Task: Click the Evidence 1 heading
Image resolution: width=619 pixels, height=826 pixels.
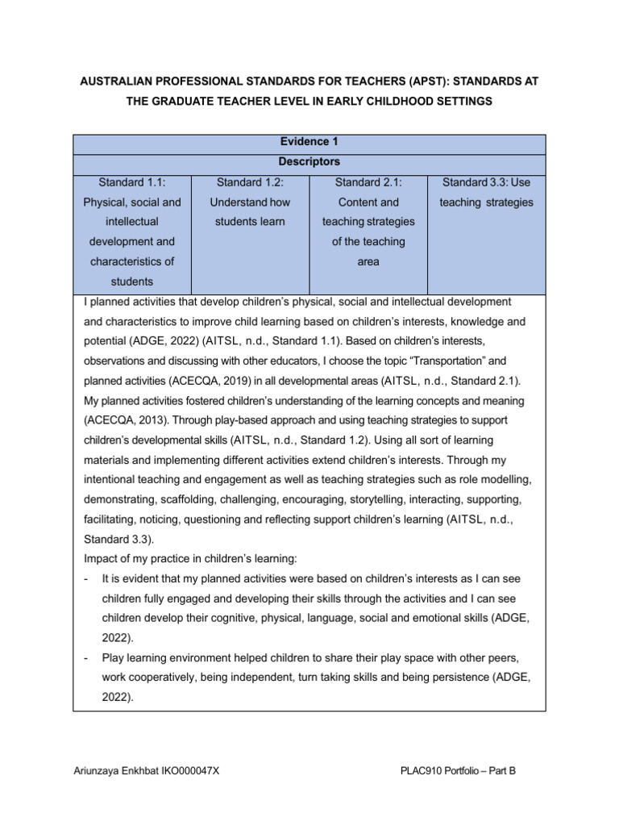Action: coord(309,141)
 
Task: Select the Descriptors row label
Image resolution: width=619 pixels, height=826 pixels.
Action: coord(309,161)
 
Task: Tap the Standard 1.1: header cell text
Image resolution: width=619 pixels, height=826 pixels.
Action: coord(132,182)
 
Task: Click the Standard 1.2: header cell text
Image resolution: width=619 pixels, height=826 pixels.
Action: coord(250,182)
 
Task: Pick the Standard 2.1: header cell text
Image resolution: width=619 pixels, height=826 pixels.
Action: coord(368,182)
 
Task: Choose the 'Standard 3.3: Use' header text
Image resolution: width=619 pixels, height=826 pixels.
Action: coord(486,182)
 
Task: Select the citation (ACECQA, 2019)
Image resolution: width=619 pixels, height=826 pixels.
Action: coord(225,381)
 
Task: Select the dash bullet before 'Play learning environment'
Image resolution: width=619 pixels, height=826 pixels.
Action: coord(86,658)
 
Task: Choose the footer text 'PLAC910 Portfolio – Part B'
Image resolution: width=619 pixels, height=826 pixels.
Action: coord(457,771)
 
